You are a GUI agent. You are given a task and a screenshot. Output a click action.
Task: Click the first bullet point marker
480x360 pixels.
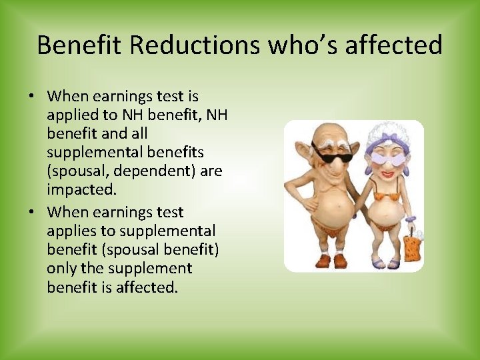tap(31, 96)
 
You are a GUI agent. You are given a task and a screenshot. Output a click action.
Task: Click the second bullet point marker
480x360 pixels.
tap(31, 212)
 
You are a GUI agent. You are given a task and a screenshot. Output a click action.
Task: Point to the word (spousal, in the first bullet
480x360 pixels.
tap(73, 171)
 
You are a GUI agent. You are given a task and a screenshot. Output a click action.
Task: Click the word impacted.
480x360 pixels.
tap(81, 189)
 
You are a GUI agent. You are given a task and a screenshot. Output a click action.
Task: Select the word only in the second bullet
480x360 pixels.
tap(62, 269)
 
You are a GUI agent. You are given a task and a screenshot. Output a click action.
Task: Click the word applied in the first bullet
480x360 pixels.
tap(71, 115)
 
